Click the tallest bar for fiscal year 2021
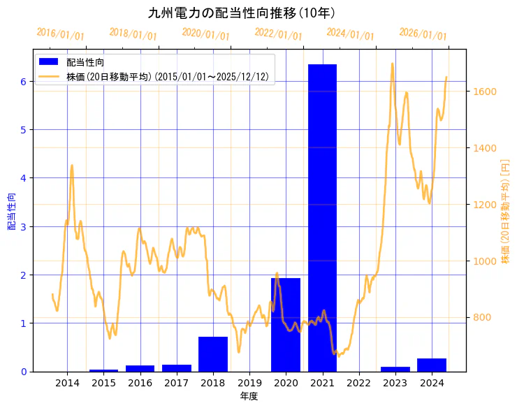322,217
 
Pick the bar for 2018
212,354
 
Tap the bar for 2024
432,365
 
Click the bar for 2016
140,368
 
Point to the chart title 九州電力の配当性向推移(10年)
242,13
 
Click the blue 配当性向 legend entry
85,63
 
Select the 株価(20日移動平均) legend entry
167,77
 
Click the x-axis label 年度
249,396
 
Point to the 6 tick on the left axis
23,81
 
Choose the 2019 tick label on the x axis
249,383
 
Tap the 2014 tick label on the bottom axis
67,383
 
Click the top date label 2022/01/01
278,34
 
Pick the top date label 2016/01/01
60,34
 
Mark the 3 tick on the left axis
23,226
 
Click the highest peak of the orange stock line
392,64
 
